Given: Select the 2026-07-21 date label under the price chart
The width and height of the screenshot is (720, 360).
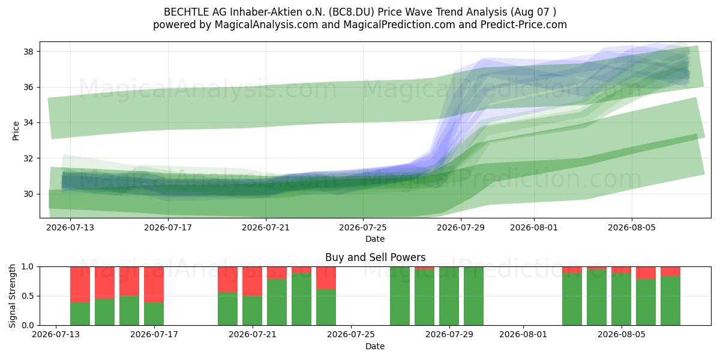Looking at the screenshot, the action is (x=266, y=227).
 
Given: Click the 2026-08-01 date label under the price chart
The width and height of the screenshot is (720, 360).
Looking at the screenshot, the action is (x=534, y=227).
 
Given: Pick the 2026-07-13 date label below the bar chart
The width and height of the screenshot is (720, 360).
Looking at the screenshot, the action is (x=56, y=334).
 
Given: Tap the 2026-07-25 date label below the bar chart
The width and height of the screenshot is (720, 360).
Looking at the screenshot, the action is (x=351, y=334).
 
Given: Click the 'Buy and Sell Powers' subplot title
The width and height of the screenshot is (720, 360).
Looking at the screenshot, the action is (x=376, y=257).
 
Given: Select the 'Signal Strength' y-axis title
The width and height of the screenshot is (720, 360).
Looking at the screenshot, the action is (x=12, y=296).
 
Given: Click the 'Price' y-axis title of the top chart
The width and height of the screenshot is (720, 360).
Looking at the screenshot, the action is (x=16, y=131).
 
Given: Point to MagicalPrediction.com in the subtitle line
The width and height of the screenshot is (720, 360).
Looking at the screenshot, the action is (x=399, y=25).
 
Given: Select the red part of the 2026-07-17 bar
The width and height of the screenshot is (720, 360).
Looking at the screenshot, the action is (x=154, y=284).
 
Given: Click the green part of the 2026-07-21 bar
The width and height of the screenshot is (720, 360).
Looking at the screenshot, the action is (x=253, y=311).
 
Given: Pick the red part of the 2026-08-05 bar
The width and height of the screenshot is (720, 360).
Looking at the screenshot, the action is (x=622, y=269).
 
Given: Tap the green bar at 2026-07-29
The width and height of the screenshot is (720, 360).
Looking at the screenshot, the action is (x=449, y=296).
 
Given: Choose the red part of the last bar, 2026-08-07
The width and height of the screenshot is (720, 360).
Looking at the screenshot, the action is (x=671, y=271).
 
